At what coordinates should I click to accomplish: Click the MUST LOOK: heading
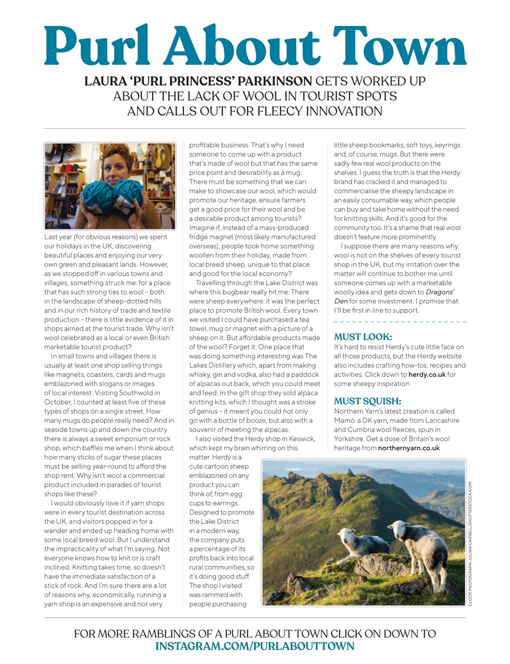[363, 337]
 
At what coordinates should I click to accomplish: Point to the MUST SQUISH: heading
[368, 401]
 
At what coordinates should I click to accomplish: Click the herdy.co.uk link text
[427, 375]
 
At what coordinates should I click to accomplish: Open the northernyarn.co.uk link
[409, 448]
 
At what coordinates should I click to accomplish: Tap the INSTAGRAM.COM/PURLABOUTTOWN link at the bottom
[255, 646]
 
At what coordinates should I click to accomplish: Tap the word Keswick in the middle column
[299, 439]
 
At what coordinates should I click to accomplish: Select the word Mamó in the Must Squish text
[345, 420]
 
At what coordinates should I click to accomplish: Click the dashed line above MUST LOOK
[399, 322]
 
